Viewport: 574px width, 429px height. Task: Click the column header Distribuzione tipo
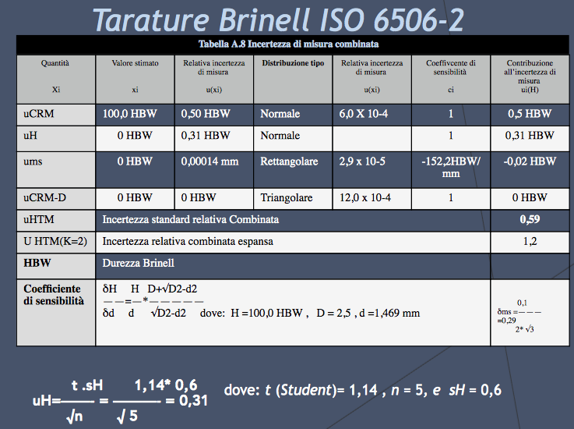(x=293, y=63)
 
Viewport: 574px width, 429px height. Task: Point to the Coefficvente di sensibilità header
(x=450, y=67)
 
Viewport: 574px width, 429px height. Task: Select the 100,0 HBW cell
(x=130, y=114)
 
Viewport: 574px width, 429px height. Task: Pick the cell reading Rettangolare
(x=289, y=162)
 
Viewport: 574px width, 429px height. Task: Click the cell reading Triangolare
(x=287, y=198)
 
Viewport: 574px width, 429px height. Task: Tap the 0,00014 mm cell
(x=210, y=162)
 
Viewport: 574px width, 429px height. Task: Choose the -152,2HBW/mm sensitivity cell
(x=451, y=167)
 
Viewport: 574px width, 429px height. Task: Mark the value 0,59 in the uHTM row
(x=530, y=220)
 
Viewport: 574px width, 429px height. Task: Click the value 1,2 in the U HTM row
(x=530, y=242)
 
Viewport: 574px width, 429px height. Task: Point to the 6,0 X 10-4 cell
(x=366, y=114)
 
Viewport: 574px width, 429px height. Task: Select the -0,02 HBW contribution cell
(x=530, y=162)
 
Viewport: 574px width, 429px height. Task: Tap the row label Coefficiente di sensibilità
(x=52, y=295)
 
